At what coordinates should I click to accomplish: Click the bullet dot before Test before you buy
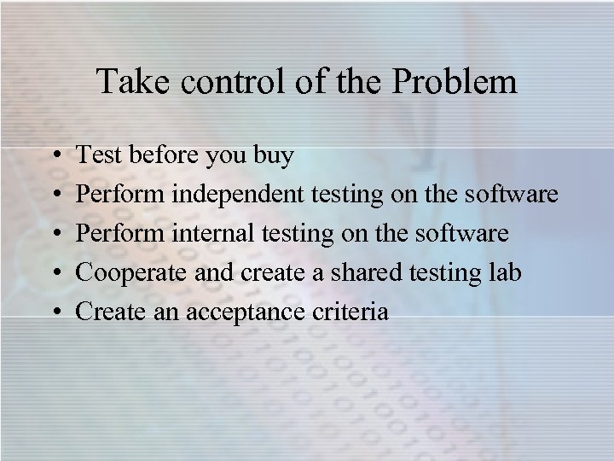[54, 157]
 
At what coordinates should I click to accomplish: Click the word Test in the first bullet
[97, 156]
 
